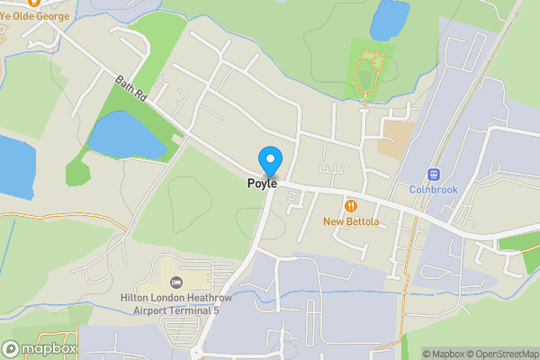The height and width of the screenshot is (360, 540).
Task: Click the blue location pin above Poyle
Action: [x=269, y=160]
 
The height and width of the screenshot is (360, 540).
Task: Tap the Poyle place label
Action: [x=263, y=183]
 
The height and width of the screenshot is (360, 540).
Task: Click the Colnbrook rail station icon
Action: [x=434, y=175]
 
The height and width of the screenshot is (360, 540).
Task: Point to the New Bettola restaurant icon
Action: [x=350, y=206]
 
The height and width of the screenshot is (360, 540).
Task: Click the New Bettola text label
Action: [x=351, y=221]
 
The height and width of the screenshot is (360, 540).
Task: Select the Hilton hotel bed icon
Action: [x=176, y=283]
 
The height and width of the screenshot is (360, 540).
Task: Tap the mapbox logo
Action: [x=40, y=348]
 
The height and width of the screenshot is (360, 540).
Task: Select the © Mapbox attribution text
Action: [x=443, y=354]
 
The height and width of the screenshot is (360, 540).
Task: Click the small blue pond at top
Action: [x=388, y=18]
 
